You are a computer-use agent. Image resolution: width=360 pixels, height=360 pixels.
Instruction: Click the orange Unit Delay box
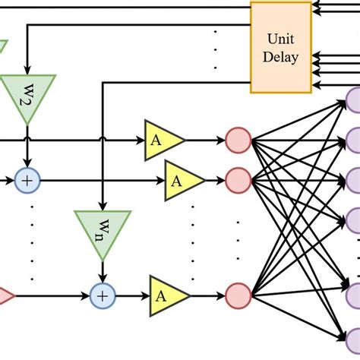click(x=282, y=46)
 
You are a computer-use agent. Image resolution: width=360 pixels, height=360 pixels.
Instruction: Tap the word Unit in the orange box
click(x=282, y=39)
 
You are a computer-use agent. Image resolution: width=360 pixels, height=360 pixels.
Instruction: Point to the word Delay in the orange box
click(x=282, y=57)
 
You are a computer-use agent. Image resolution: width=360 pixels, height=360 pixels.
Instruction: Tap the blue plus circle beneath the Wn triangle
click(x=102, y=294)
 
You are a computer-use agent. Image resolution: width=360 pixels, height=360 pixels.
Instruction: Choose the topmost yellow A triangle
click(x=162, y=139)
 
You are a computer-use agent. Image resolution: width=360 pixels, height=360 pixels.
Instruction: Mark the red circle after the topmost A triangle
click(x=238, y=140)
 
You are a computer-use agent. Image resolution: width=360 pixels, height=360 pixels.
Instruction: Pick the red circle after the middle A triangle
click(x=238, y=180)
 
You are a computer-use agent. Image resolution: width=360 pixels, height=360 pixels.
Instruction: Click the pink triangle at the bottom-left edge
click(x=5, y=294)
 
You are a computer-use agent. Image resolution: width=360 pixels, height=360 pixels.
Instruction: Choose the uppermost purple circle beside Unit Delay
click(x=355, y=99)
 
